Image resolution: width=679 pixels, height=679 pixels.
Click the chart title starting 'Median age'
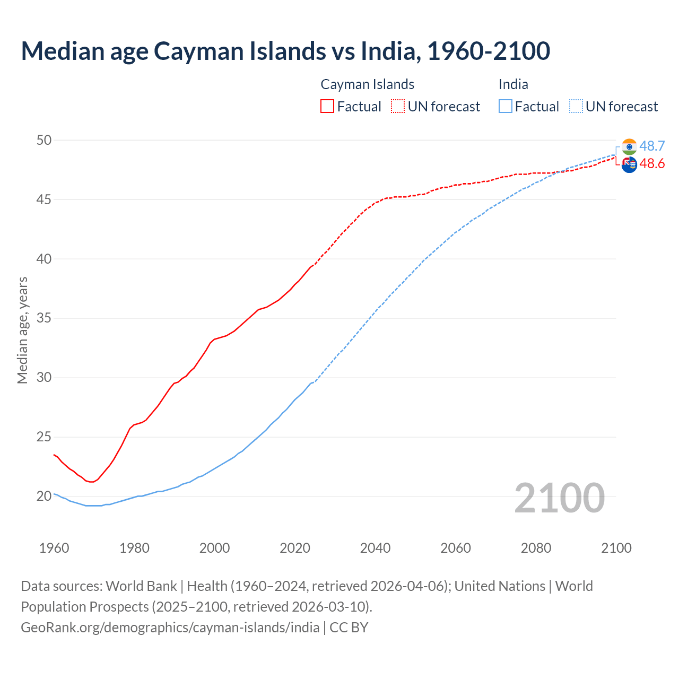point(285,51)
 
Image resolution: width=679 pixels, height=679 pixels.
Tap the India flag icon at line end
point(629,146)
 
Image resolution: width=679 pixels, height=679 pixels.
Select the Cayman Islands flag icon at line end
point(629,165)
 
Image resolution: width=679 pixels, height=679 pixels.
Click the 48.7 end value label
point(652,146)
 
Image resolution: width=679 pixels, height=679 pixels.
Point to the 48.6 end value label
point(652,163)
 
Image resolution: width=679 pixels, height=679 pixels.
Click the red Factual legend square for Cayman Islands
point(327,107)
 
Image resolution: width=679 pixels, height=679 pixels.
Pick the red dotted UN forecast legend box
point(398,107)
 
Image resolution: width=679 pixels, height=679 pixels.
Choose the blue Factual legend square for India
point(506,107)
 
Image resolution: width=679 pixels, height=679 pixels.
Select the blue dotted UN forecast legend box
point(576,107)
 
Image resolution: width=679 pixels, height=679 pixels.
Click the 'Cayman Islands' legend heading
point(367,84)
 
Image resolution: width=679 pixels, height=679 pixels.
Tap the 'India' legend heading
point(513,84)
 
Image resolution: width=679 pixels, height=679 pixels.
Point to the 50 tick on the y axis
point(44,140)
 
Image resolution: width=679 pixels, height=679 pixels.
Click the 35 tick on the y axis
point(44,318)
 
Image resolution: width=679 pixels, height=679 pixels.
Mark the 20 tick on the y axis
point(44,497)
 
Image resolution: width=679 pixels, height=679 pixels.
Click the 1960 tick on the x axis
point(54,548)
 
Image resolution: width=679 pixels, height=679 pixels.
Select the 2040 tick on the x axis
point(375,548)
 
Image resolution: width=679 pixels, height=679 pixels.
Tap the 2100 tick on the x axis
point(616,548)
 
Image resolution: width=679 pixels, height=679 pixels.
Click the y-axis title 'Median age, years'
point(22,330)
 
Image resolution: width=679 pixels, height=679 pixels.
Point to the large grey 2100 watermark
point(559,498)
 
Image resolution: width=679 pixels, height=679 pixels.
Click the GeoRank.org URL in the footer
point(170,628)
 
